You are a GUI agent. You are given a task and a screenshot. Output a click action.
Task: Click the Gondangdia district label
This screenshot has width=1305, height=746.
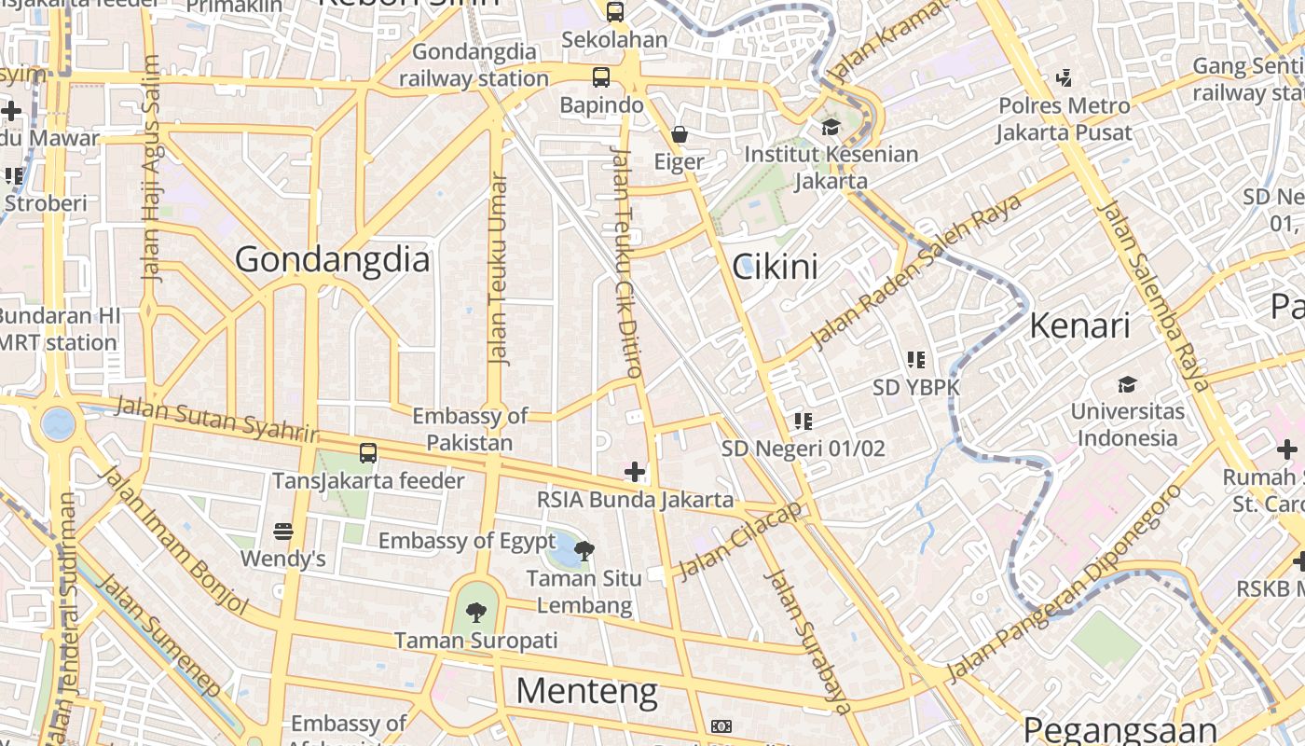coord(332,259)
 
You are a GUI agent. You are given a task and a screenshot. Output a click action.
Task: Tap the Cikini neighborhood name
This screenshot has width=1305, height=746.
coord(775,268)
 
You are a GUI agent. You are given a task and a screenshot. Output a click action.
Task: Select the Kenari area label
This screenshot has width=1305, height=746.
coord(1079,325)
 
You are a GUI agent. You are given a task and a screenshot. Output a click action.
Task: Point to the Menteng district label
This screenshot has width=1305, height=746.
coord(586,691)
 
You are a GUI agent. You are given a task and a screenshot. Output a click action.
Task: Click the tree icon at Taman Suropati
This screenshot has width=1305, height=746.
coord(476,613)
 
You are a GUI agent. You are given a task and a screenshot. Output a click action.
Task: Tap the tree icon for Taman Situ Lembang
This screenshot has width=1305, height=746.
coord(584,551)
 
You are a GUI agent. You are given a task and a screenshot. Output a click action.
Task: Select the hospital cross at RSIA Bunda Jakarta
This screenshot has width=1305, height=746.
coord(635,472)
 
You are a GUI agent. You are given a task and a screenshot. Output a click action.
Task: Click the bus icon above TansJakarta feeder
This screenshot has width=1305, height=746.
coord(368,454)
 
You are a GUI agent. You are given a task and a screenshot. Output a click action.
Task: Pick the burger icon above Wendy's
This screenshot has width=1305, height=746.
coord(283,532)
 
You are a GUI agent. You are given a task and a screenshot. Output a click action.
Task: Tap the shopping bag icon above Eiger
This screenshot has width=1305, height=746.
coord(680,135)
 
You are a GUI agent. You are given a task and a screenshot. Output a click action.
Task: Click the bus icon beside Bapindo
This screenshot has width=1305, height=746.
coord(601,77)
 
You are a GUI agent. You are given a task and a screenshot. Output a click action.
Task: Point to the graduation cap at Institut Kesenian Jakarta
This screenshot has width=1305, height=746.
coord(831,127)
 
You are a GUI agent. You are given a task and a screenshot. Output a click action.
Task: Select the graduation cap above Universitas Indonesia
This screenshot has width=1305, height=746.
coord(1127,384)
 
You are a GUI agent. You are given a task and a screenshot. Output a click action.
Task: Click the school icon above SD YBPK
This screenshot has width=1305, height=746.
coord(916,359)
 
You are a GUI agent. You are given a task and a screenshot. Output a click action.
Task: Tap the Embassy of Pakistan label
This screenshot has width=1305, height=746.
coord(470,429)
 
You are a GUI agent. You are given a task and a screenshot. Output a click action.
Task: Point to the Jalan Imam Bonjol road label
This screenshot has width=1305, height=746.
coord(172,541)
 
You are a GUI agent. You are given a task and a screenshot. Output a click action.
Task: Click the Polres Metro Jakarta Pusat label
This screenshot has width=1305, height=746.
coord(1065,118)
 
